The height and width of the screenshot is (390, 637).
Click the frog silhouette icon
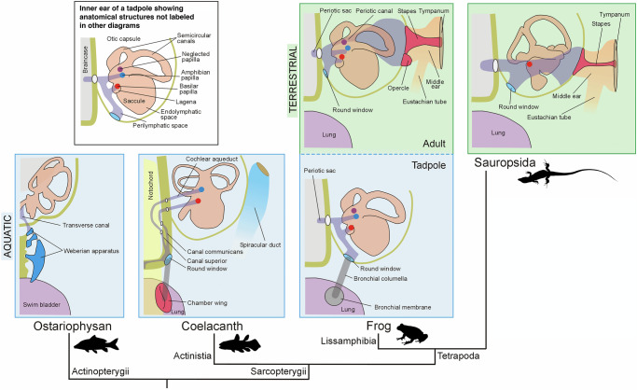(411, 334)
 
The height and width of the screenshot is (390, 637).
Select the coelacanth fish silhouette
(240, 342)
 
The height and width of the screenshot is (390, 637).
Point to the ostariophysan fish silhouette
(96, 344)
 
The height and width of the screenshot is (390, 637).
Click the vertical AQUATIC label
(7, 237)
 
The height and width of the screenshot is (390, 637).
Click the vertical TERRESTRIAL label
(293, 79)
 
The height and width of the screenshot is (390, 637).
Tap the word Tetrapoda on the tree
(458, 355)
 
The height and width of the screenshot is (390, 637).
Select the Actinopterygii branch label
(101, 371)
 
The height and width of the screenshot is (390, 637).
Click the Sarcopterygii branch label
(278, 371)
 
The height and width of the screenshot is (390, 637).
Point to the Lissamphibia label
(349, 341)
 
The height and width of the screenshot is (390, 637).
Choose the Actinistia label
(192, 355)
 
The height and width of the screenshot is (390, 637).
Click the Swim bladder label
(41, 305)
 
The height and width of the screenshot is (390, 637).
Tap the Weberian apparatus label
(91, 251)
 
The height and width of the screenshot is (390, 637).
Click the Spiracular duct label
(260, 245)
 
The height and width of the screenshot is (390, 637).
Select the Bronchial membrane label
(403, 308)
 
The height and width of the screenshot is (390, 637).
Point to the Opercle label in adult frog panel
(398, 88)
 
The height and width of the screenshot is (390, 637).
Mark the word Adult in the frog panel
(434, 144)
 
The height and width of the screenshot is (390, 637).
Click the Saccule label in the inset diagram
(134, 101)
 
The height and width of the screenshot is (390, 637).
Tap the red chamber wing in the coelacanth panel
(164, 298)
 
